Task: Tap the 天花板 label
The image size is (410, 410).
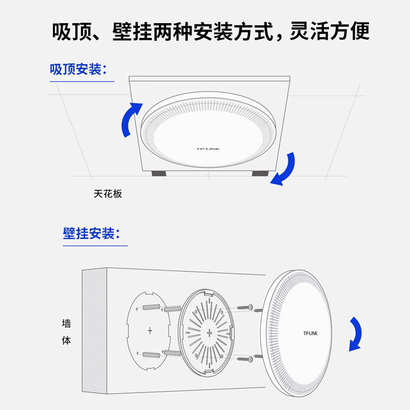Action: (108, 194)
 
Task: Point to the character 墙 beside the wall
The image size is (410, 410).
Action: (66, 324)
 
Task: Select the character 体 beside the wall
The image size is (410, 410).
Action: (66, 340)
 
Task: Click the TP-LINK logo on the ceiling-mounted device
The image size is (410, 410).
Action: (208, 149)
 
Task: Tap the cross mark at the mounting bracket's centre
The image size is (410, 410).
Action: (209, 334)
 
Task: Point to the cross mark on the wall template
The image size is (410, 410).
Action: (150, 331)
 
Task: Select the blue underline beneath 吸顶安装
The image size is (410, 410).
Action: (82, 81)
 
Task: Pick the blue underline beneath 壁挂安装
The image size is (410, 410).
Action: (95, 245)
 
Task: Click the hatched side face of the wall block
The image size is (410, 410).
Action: (94, 333)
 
